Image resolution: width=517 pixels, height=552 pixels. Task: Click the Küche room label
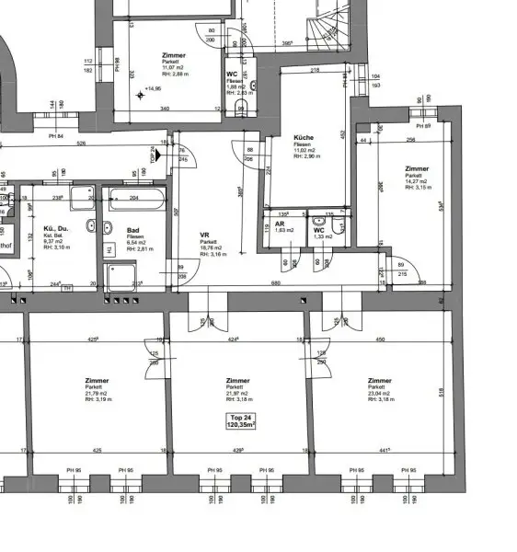click(304, 136)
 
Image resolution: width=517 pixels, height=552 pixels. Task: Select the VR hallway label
click(205, 235)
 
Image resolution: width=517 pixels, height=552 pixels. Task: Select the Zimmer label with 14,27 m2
click(418, 169)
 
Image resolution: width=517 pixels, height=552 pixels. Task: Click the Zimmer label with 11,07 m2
click(172, 55)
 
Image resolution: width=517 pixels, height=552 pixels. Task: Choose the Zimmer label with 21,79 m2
click(96, 380)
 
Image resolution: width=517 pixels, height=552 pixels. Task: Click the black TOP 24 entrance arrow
click(160, 155)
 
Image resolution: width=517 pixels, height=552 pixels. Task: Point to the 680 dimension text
click(276, 283)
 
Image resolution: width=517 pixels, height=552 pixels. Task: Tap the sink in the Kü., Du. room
click(91, 226)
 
